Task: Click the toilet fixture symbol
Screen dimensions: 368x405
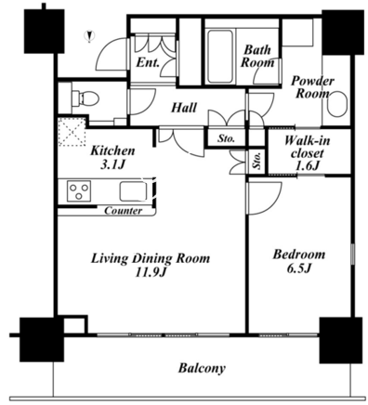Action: point(85,98)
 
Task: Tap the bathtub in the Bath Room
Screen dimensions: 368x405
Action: point(219,56)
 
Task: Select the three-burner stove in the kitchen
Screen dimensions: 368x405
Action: point(80,191)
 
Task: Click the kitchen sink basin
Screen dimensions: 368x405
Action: point(134,191)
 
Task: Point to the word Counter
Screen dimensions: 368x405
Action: point(124,211)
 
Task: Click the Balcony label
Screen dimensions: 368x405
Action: point(202,368)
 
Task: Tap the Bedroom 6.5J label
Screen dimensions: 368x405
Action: point(298,261)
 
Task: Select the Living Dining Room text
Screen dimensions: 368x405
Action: point(151,258)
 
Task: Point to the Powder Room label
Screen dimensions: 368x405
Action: point(312,87)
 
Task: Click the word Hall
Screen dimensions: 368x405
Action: point(184,108)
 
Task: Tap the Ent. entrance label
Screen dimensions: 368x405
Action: point(148,63)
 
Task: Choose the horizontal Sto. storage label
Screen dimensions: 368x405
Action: point(226,138)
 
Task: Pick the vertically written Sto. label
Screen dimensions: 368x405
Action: point(256,161)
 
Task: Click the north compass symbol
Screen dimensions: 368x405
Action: point(90,36)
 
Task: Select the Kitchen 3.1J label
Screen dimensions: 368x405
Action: point(112,158)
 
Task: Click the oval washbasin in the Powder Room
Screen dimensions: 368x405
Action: point(337,104)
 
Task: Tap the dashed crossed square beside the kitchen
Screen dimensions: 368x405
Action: point(72,132)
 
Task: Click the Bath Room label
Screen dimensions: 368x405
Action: point(257,56)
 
